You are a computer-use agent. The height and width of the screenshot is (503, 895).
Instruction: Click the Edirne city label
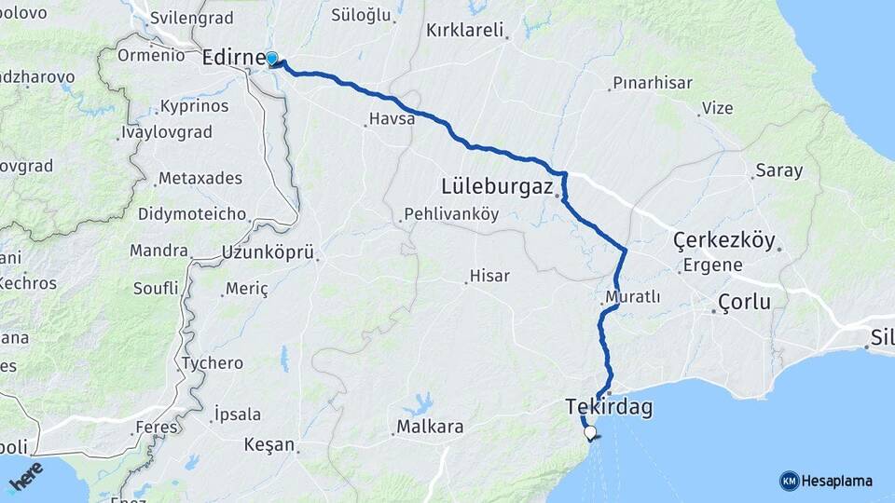point(233,57)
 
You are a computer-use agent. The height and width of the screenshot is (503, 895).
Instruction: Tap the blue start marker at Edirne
point(271,60)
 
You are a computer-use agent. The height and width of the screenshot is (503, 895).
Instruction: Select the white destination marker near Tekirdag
point(589,432)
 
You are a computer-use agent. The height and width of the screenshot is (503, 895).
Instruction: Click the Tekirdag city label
point(609,407)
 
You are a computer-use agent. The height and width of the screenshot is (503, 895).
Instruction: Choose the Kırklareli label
point(464,30)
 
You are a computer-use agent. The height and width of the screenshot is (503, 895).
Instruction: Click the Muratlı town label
point(632,297)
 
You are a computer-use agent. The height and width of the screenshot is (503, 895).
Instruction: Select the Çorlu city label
point(744,302)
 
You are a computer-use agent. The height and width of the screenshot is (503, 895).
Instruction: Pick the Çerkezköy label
point(724,241)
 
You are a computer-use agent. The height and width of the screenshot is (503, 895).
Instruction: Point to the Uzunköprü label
point(268,251)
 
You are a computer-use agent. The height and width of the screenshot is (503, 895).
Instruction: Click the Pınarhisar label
point(652,83)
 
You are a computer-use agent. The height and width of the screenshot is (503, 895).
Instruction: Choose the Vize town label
point(717,108)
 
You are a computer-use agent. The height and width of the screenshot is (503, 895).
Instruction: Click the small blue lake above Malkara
point(419,403)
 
